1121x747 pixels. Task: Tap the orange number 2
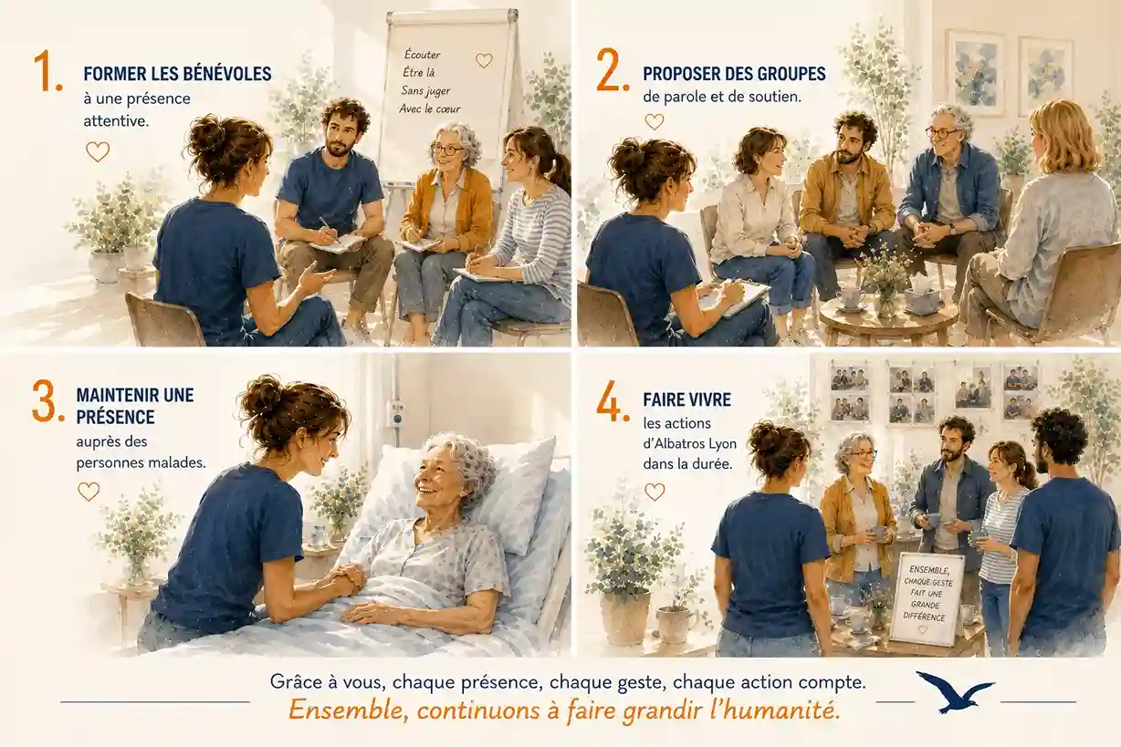click(x=612, y=71)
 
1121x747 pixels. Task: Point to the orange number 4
click(x=612, y=401)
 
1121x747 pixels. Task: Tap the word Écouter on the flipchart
click(x=423, y=54)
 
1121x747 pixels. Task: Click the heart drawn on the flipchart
click(x=484, y=60)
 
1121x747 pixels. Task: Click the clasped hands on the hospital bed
click(x=344, y=580)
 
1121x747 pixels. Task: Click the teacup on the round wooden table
click(x=850, y=299)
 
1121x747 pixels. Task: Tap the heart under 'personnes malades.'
click(x=89, y=492)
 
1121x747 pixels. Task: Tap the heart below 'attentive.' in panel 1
click(x=98, y=151)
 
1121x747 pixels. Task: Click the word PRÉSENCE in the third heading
click(x=115, y=417)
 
